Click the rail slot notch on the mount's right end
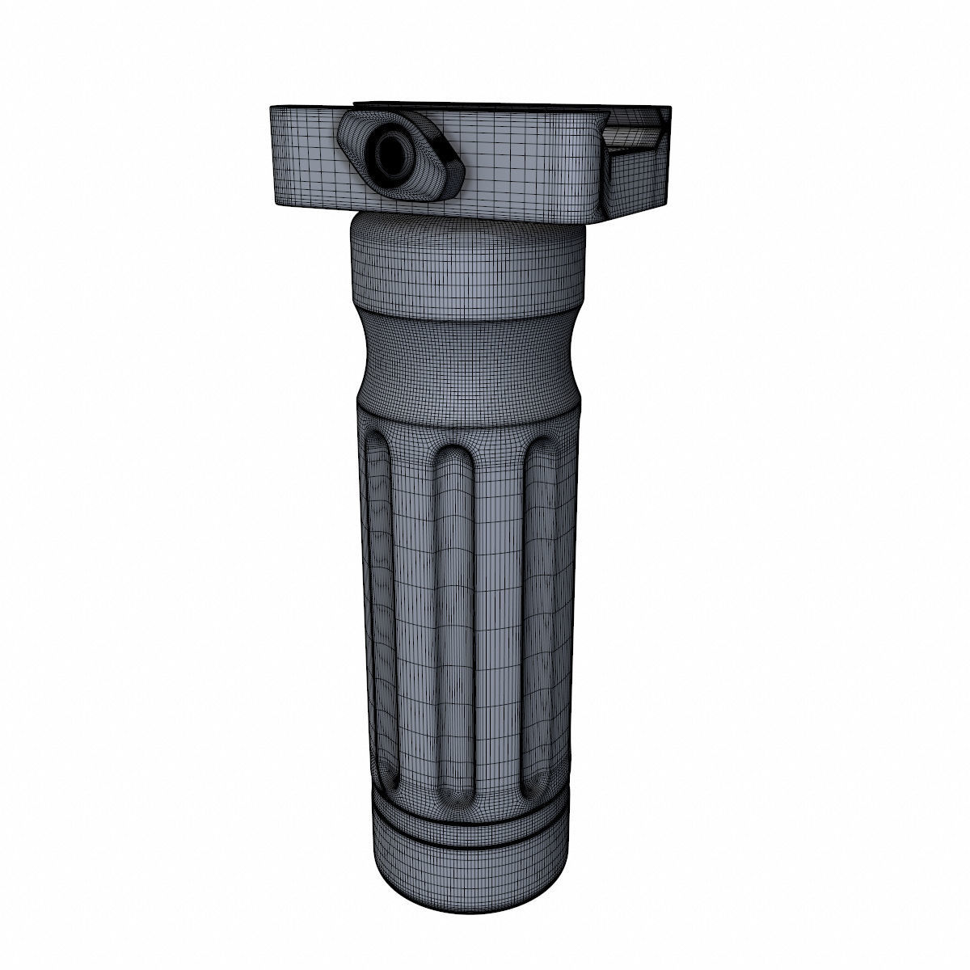(635, 137)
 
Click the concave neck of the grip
(466, 356)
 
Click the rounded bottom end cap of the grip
(466, 877)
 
